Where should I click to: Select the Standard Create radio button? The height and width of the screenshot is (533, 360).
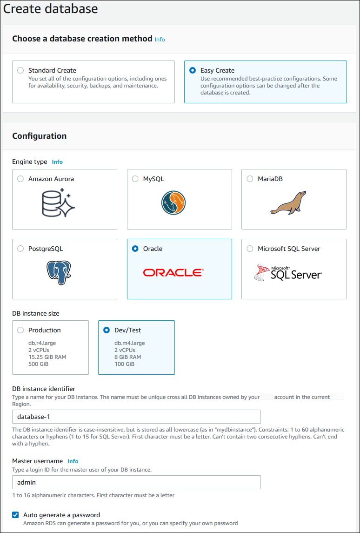click(x=20, y=71)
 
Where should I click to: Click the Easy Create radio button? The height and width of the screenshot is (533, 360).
click(x=193, y=71)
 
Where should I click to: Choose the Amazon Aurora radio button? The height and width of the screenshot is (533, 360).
click(x=20, y=179)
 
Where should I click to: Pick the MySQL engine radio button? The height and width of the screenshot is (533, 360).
click(x=135, y=179)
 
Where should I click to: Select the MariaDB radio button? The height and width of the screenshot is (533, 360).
click(x=250, y=179)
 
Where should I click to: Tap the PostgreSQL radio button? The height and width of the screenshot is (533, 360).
click(x=20, y=249)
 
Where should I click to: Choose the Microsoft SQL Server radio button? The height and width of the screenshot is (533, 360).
click(x=250, y=249)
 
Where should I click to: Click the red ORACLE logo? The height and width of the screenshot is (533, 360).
click(x=173, y=272)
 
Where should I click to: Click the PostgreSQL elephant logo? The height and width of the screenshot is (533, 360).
click(x=59, y=273)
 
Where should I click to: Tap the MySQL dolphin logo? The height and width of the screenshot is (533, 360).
click(x=173, y=202)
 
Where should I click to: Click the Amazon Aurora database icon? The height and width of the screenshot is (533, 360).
click(x=58, y=202)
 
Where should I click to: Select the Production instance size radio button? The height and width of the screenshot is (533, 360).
click(x=20, y=330)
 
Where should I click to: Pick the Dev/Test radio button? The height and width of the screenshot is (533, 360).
click(x=107, y=330)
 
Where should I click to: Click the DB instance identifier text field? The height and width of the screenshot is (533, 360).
click(x=136, y=416)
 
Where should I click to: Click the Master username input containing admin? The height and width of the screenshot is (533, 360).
click(x=136, y=482)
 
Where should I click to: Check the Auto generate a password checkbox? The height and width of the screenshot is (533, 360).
click(x=15, y=515)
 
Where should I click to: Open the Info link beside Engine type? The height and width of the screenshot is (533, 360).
click(x=57, y=162)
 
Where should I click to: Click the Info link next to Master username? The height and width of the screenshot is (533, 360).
click(x=73, y=461)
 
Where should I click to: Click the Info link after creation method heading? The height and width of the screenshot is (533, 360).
click(x=160, y=40)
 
